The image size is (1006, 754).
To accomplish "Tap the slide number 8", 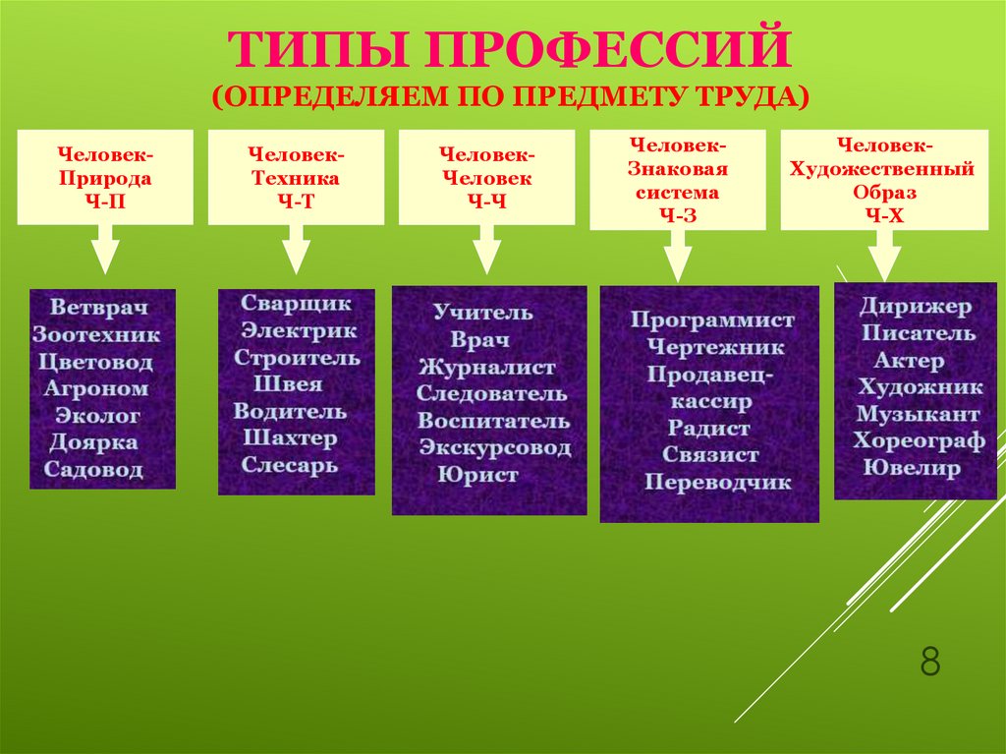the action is pos(929,662).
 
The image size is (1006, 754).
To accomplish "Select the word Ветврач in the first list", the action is pos(102,308).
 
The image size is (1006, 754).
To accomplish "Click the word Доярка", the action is pos(94,442).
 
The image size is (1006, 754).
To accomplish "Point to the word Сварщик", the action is pos(296,304).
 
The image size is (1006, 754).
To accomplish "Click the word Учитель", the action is pos(482,313).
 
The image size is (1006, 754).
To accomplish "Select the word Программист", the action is pos(711,320).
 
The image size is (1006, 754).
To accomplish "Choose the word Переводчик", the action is pos(717,483).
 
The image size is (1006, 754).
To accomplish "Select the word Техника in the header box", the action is pos(296,179).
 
